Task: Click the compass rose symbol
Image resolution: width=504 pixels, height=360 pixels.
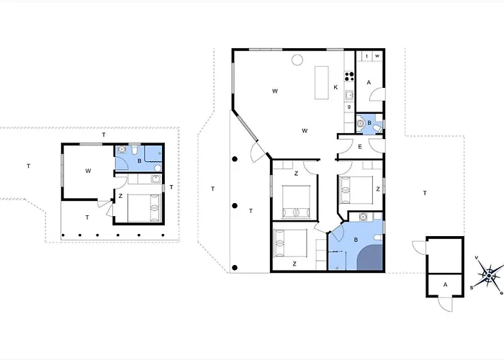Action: click(x=490, y=274)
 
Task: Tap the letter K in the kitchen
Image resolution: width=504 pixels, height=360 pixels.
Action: click(x=336, y=88)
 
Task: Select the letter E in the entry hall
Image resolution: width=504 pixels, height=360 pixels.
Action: click(x=360, y=147)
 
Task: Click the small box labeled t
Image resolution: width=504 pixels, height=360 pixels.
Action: click(x=367, y=56)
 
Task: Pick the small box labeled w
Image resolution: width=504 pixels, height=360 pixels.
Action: click(x=377, y=56)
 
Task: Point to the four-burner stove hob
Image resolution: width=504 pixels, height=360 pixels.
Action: click(x=349, y=76)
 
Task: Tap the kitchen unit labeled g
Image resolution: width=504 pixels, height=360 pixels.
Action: click(x=349, y=107)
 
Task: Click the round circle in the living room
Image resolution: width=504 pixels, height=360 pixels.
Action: click(x=297, y=60)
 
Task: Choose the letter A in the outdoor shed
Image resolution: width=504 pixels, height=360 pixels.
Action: click(x=445, y=285)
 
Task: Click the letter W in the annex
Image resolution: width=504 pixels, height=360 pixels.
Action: click(x=88, y=171)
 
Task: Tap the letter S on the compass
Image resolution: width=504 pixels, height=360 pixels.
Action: click(x=472, y=287)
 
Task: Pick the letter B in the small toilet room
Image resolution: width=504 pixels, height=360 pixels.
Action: click(x=369, y=123)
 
